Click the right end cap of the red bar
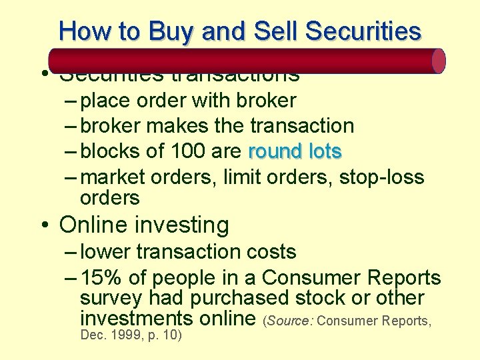[438, 61]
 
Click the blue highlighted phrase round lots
[295, 151]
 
